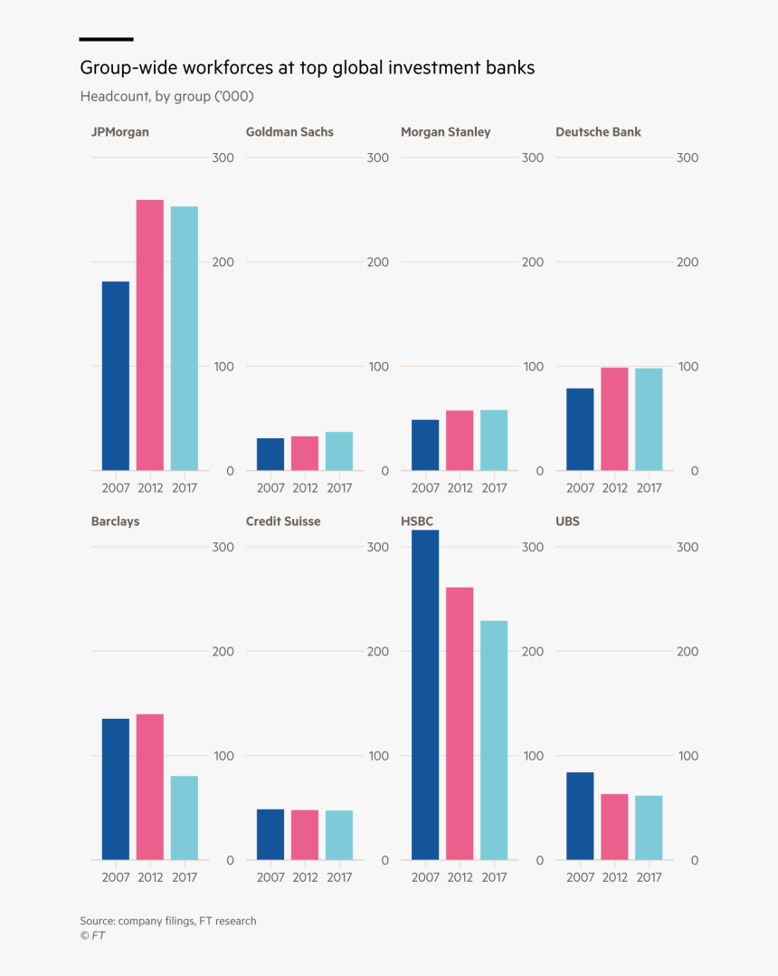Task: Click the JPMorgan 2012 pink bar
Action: pyautogui.click(x=150, y=335)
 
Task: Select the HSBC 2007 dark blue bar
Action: pyautogui.click(x=425, y=694)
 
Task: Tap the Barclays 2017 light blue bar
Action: pyautogui.click(x=185, y=818)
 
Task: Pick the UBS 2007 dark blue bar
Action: pyautogui.click(x=580, y=816)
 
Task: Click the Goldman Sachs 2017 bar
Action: pyautogui.click(x=339, y=451)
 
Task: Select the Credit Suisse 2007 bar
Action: pyautogui.click(x=270, y=834)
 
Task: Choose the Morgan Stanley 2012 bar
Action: pyautogui.click(x=460, y=441)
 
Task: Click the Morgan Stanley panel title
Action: pyautogui.click(x=445, y=132)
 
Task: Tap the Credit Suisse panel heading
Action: pyautogui.click(x=283, y=521)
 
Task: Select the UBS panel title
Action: pyautogui.click(x=567, y=521)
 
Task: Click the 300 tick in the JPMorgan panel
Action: pyautogui.click(x=223, y=158)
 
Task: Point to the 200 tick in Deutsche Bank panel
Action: pyautogui.click(x=688, y=263)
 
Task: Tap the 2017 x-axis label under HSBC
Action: pyautogui.click(x=494, y=877)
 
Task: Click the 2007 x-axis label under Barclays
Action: pyautogui.click(x=116, y=877)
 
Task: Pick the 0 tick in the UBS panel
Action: pyautogui.click(x=695, y=860)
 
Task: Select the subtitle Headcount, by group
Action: pyautogui.click(x=166, y=96)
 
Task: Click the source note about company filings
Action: pyautogui.click(x=167, y=921)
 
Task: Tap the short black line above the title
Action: pyautogui.click(x=106, y=39)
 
